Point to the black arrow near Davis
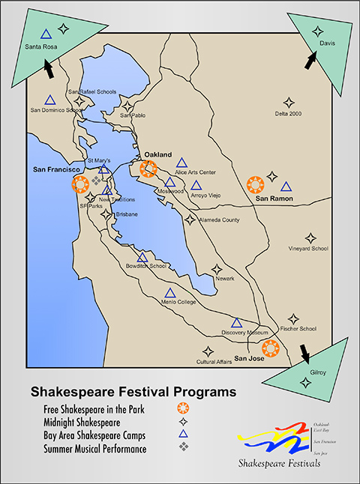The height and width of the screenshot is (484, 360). [x=310, y=60]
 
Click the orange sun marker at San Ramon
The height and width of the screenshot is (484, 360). [x=256, y=184]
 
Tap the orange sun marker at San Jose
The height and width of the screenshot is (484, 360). [x=270, y=348]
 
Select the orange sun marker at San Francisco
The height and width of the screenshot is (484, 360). [x=79, y=183]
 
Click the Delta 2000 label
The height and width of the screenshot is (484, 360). [x=288, y=114]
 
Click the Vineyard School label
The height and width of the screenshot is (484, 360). [x=308, y=249]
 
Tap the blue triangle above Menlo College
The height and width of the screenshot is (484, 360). [x=169, y=292]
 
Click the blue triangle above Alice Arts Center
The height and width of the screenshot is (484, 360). [x=181, y=162]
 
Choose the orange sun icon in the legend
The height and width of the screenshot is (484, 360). [x=181, y=409]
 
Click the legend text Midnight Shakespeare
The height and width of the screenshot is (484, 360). [x=87, y=423]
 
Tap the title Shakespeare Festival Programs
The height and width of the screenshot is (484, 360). [x=132, y=392]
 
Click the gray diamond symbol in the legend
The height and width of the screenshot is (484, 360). [x=181, y=448]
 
